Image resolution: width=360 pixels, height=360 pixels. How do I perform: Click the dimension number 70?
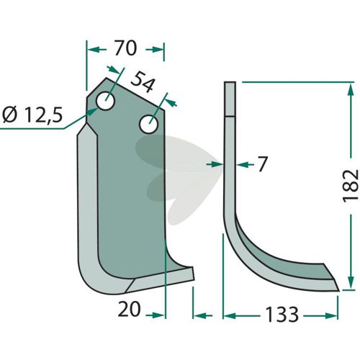point(125,48)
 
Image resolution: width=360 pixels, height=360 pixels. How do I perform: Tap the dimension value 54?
point(142,82)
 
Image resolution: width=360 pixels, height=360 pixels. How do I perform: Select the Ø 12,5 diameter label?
point(32,114)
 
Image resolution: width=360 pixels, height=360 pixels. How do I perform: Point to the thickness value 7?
point(262,164)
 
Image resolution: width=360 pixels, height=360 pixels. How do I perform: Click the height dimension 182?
point(351,186)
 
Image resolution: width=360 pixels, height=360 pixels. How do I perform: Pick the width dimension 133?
point(282,315)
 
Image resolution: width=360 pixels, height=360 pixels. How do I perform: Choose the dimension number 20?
point(129,309)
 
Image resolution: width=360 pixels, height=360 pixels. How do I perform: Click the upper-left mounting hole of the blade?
point(105,101)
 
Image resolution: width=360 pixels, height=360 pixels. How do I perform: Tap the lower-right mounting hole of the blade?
point(149,124)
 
